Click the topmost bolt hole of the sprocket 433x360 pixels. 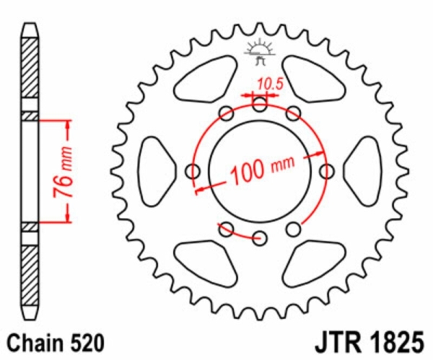260,105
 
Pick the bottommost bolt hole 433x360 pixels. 260,237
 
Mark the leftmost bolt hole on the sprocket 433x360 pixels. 193,171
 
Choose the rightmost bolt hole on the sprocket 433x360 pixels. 328,171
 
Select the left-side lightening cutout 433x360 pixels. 154,171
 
